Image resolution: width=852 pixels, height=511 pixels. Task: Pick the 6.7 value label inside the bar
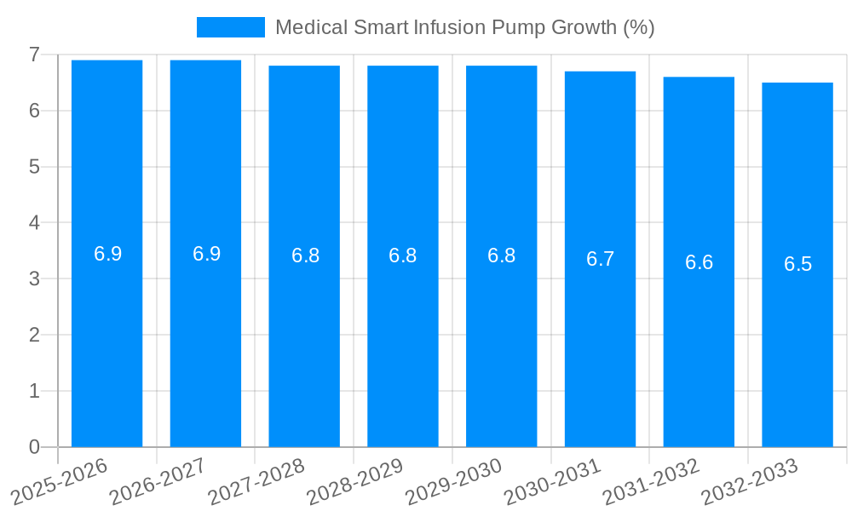point(600,259)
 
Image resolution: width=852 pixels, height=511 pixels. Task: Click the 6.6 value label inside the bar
point(699,262)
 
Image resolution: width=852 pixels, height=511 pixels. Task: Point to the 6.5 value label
point(797,264)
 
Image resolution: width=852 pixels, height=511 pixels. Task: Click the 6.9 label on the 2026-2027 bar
point(206,254)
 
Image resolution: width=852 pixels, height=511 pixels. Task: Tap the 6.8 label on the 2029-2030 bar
point(501,255)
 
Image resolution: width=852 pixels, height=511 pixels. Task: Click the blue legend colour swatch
point(230,27)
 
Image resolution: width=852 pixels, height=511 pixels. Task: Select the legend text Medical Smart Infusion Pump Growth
point(464,27)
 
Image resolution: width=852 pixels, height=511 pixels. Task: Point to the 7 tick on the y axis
point(34,55)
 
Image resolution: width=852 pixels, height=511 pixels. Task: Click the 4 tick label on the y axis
point(34,223)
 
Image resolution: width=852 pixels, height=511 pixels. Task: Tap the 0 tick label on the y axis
point(34,447)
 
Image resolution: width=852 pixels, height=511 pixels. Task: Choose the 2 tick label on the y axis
point(34,335)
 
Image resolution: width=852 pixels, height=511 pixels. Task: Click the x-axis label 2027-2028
point(256,481)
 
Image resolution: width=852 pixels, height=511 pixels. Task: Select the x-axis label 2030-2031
point(552,481)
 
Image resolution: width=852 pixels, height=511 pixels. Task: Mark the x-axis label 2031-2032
point(651,481)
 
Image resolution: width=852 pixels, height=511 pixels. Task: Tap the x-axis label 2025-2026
point(60,481)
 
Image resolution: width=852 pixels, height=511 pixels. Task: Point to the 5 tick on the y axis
point(34,167)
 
